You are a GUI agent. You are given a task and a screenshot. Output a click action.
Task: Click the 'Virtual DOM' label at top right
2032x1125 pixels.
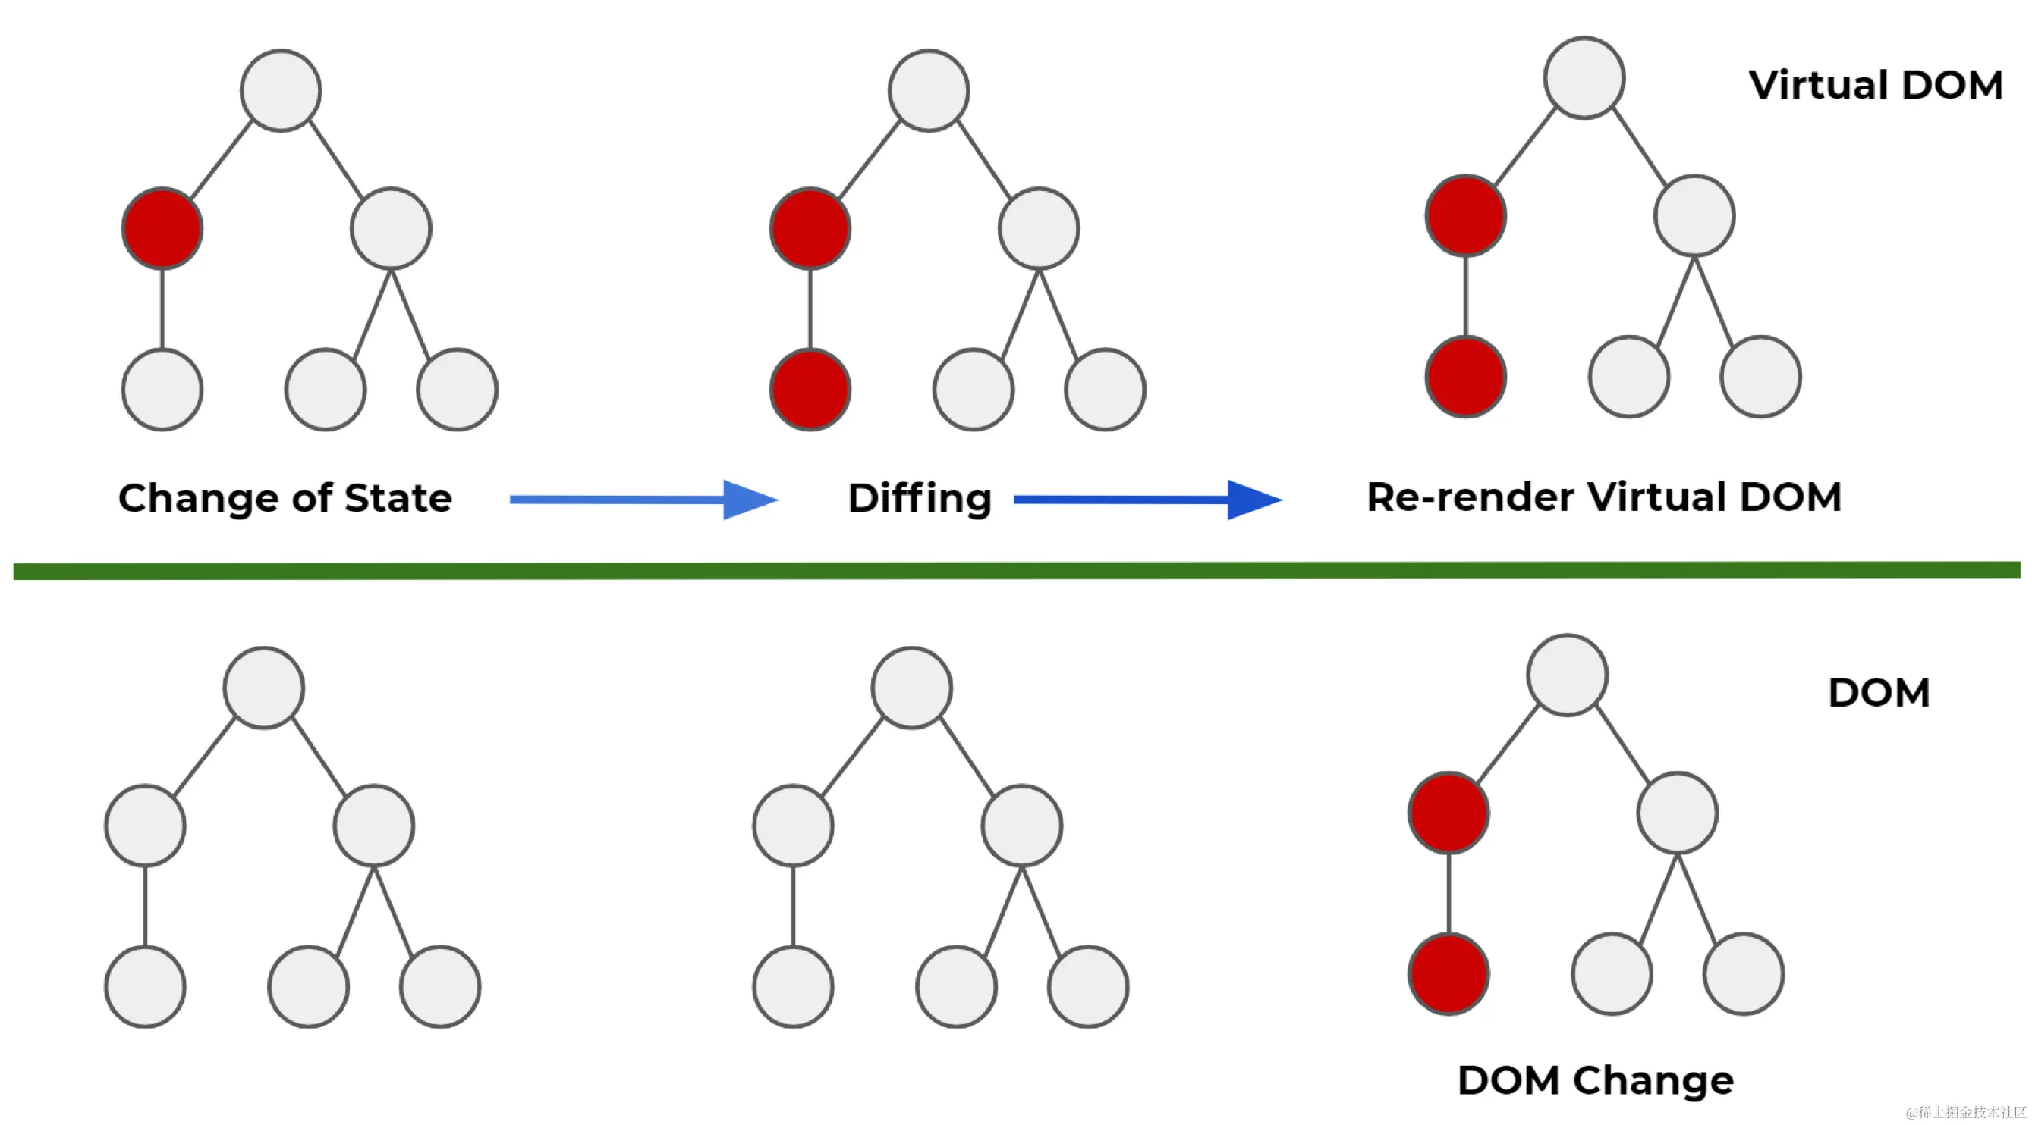1875,85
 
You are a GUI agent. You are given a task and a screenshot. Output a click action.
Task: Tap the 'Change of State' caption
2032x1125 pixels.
285,498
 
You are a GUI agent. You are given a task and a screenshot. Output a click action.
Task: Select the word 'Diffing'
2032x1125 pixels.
919,498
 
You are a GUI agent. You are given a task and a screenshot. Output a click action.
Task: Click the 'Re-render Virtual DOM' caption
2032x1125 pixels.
1603,497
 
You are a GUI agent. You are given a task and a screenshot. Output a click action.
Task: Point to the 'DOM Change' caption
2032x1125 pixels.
1594,1080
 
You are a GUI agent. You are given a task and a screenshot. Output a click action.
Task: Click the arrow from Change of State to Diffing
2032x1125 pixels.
643,499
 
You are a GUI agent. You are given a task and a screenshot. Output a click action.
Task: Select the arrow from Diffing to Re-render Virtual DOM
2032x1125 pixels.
1147,499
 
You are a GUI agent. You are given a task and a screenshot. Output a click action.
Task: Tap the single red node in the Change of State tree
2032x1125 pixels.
162,229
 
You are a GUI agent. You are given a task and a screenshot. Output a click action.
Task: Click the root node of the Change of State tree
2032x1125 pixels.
281,91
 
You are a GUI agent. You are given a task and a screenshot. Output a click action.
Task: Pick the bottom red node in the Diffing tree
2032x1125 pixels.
810,390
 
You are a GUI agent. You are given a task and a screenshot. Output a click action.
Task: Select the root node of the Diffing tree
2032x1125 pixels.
929,91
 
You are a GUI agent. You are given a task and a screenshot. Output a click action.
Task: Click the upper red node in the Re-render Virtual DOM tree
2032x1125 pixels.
1466,215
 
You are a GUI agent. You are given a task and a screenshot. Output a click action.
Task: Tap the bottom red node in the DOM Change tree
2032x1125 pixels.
1449,973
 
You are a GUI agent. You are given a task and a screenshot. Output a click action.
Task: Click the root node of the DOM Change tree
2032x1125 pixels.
1567,675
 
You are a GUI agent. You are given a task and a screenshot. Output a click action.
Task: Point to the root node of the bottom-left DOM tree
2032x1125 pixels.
263,688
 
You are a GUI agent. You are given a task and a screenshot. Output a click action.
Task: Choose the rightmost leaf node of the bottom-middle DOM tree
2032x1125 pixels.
1088,987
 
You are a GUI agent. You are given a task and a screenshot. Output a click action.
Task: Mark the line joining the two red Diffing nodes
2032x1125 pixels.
810,309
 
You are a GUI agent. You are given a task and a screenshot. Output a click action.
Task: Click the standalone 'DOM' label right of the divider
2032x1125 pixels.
1878,693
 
